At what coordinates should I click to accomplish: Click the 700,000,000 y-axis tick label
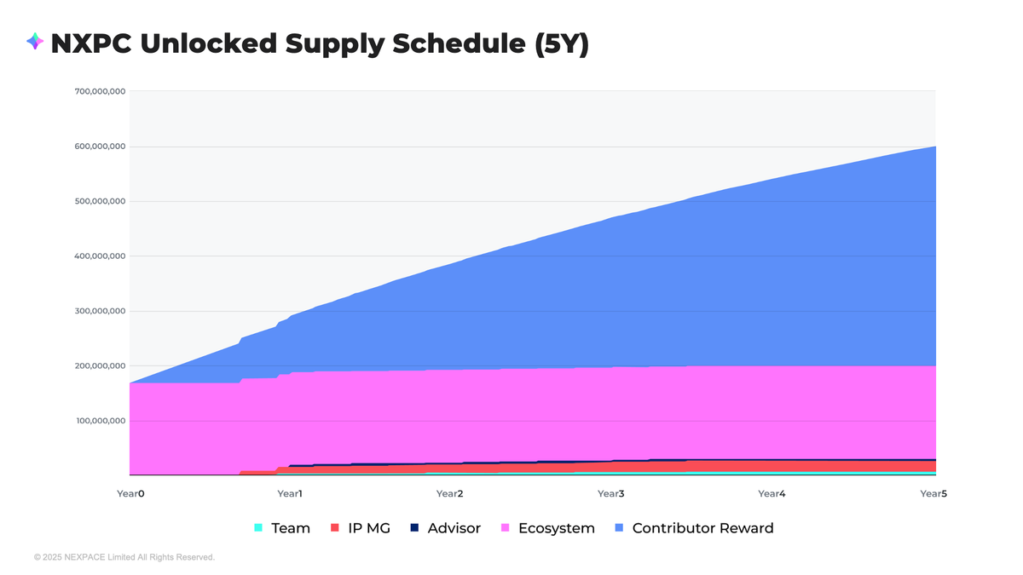[x=101, y=91]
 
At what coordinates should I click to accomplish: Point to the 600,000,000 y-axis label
[x=101, y=147]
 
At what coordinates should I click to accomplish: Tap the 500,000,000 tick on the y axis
[x=101, y=201]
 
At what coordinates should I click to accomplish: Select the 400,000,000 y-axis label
[x=101, y=256]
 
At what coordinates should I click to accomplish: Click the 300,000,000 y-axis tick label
[x=101, y=311]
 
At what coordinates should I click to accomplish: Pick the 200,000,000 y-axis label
[x=101, y=366]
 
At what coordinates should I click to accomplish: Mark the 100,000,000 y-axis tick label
[x=101, y=421]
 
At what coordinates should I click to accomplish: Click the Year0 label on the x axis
[x=130, y=494]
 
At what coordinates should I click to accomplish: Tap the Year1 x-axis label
[x=290, y=494]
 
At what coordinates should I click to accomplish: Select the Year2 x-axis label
[x=449, y=494]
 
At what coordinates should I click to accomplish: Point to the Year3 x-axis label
[x=610, y=494]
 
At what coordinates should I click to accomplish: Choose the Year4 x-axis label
[x=771, y=494]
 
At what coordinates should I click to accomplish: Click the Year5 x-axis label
[x=932, y=494]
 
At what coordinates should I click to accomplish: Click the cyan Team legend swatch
[x=258, y=528]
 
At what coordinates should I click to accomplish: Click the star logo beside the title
[x=35, y=42]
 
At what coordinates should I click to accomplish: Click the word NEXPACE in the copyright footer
[x=84, y=557]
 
